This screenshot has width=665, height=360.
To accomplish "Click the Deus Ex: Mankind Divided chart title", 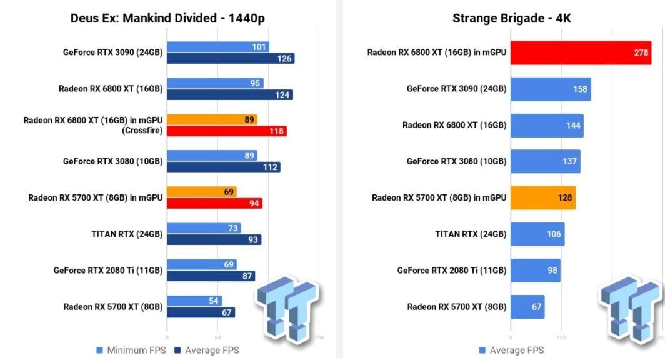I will [167, 18].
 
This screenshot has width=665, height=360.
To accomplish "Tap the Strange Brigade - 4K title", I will [511, 18].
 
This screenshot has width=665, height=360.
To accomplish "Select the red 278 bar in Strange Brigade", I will [581, 53].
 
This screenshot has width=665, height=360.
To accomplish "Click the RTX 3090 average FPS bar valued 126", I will [231, 59].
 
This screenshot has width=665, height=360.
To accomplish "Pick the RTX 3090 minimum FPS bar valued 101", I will [218, 47].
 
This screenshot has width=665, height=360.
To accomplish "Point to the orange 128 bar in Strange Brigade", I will [543, 198].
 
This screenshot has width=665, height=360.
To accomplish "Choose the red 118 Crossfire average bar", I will [227, 131].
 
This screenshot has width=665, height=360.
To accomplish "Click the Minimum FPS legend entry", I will [131, 350].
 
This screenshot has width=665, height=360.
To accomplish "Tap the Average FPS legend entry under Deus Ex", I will [207, 350].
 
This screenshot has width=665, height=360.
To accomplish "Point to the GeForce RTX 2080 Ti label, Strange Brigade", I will [452, 271].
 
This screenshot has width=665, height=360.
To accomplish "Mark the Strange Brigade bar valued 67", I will [527, 307].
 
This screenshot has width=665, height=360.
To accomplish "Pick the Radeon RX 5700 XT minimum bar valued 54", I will [194, 301].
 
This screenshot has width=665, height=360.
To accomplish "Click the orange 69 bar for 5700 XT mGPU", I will [202, 192].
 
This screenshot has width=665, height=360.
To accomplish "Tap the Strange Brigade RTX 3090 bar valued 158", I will [551, 89].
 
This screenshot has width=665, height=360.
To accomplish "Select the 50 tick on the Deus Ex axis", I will [217, 337].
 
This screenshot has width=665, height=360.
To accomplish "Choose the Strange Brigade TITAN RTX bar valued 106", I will [537, 234].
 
